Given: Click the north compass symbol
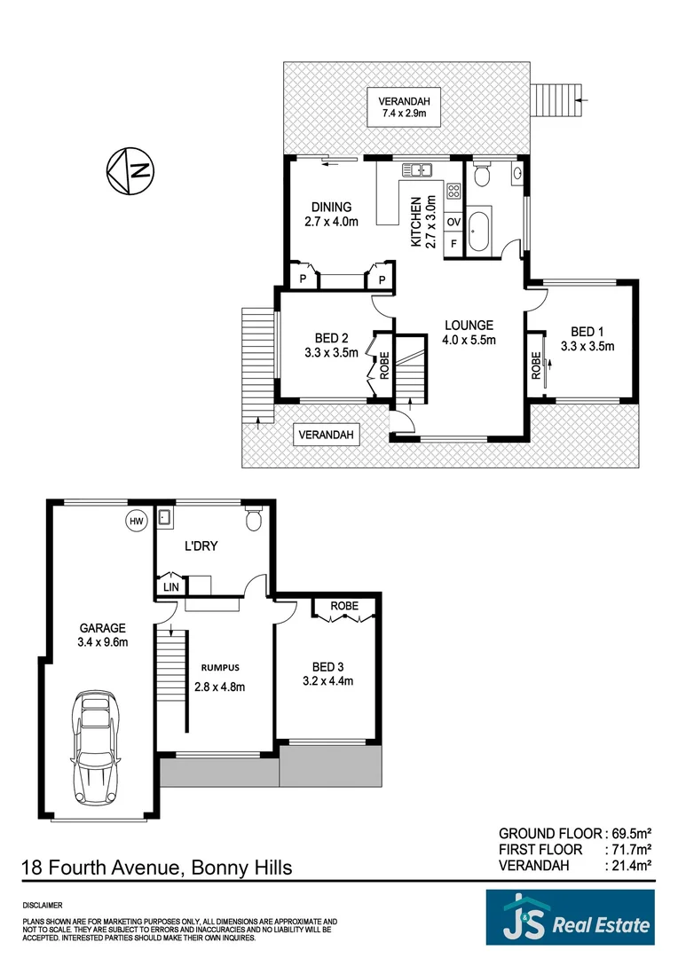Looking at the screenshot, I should point(130,170).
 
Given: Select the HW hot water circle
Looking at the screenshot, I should point(136,522).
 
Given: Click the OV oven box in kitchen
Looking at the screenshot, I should point(453,222).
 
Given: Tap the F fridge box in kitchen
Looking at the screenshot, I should point(453,243).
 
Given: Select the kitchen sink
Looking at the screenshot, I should point(414,170).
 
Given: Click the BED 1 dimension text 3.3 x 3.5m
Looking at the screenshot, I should point(587,347).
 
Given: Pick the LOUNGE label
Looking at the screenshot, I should point(469,326).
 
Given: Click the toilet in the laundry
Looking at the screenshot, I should point(252,519).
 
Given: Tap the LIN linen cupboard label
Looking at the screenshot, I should point(169,586).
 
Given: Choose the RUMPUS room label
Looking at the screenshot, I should point(219,667).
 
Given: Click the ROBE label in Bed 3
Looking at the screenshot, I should point(344,607).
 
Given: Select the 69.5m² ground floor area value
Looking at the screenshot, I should point(632,833).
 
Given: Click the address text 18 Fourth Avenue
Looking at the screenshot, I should point(99,867).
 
